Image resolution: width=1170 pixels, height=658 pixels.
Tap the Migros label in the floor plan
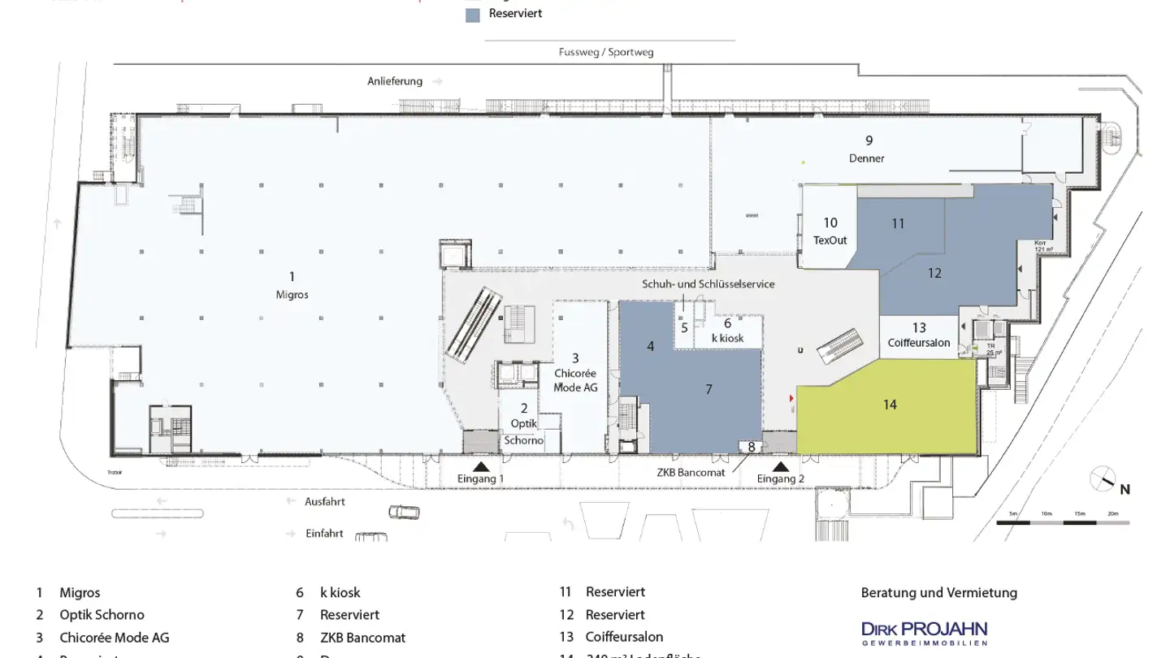[x=292, y=295]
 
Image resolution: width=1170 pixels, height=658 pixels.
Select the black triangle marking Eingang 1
[x=481, y=466]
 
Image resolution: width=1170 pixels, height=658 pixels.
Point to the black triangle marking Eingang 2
[x=781, y=466]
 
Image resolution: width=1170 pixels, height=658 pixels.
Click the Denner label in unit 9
[x=867, y=158]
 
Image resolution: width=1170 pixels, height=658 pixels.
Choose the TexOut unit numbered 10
[x=830, y=231]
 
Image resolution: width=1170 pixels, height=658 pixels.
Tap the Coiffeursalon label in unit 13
[x=919, y=343]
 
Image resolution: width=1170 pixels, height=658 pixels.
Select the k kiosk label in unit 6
[x=727, y=337]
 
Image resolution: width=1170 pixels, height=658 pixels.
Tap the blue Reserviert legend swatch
[x=473, y=15]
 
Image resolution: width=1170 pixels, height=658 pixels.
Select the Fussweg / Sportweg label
[x=606, y=52]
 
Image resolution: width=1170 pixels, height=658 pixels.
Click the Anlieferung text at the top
[x=395, y=81]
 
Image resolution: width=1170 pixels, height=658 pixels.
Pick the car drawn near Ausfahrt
[x=405, y=512]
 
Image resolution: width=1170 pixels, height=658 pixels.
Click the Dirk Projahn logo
[x=924, y=632]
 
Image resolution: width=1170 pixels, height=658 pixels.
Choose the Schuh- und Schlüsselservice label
[x=708, y=284]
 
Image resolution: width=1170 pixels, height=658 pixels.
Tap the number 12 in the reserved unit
[x=934, y=274]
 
